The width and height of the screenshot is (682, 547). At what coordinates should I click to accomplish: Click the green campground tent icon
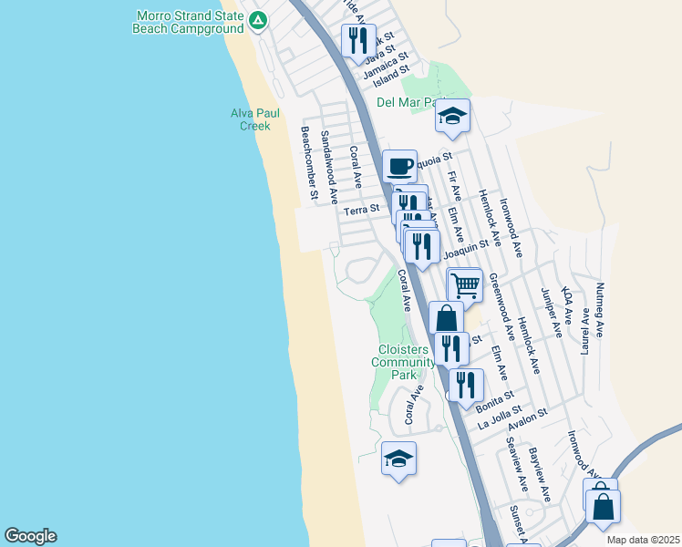tap(258, 20)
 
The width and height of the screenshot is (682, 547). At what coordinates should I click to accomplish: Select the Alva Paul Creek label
tap(254, 119)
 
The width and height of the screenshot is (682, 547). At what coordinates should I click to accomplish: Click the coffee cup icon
tap(399, 167)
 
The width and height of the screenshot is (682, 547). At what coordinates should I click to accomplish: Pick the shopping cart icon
tap(465, 284)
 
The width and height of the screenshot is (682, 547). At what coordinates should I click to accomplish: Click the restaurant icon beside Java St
tap(357, 39)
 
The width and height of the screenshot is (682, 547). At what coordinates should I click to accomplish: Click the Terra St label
tap(361, 211)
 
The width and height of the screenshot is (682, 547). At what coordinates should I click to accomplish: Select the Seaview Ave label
tap(517, 463)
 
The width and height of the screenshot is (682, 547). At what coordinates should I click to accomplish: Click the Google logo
tap(31, 536)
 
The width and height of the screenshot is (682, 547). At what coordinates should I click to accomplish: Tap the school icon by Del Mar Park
tap(452, 116)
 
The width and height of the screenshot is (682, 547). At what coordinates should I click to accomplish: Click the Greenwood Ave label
tap(501, 300)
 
